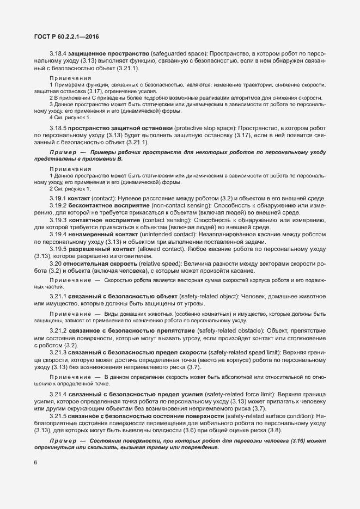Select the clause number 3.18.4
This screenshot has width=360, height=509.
pyautogui.click(x=58, y=55)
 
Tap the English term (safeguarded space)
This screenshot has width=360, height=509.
pyautogui.click(x=179, y=55)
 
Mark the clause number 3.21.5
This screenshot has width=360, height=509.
pyautogui.click(x=58, y=416)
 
